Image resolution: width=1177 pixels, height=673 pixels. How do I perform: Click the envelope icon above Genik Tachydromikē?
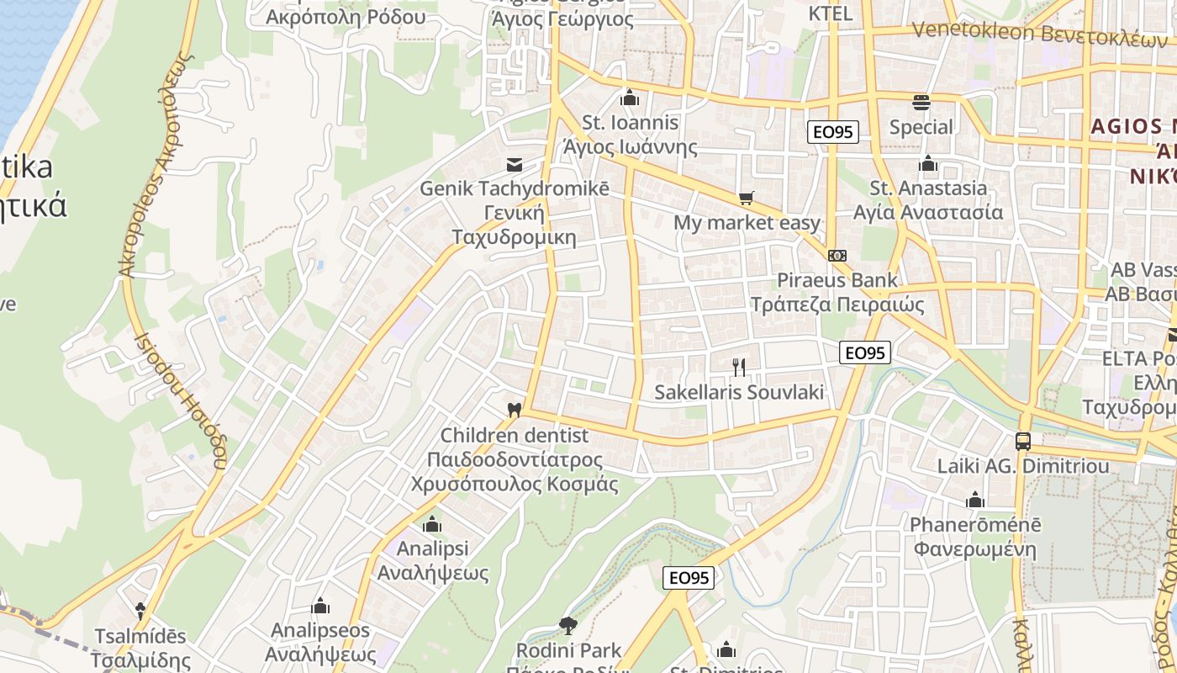click(x=514, y=164)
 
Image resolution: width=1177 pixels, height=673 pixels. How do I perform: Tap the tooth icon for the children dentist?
click(x=515, y=410)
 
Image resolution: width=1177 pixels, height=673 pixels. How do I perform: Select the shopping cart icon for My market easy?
click(x=746, y=199)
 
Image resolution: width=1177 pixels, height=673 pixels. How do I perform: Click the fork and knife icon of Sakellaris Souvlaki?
click(x=739, y=367)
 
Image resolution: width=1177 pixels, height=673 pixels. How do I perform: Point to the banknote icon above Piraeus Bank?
click(x=837, y=256)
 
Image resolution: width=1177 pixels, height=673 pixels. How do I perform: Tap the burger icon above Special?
click(x=921, y=103)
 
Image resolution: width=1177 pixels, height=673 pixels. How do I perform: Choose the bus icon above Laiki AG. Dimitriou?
click(x=1022, y=441)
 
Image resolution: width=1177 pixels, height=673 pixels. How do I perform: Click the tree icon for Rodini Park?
click(x=568, y=625)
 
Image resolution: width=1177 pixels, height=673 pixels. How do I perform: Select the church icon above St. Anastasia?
click(x=928, y=163)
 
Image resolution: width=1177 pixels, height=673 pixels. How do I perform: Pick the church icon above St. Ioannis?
click(x=630, y=98)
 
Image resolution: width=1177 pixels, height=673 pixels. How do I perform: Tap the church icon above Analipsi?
click(x=432, y=525)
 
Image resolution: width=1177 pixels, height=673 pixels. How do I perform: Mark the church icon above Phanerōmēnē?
click(x=975, y=501)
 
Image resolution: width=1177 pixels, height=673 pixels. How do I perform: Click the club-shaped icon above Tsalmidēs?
click(x=140, y=611)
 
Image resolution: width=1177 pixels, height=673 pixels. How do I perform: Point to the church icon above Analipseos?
click(x=320, y=606)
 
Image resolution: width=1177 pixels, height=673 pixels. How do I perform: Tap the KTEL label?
click(x=830, y=13)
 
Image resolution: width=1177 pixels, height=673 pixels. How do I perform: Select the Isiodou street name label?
click(x=181, y=400)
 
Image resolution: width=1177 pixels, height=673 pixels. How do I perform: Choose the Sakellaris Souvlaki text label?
click(x=739, y=392)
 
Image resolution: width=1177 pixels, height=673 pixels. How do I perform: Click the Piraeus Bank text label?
click(x=837, y=280)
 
